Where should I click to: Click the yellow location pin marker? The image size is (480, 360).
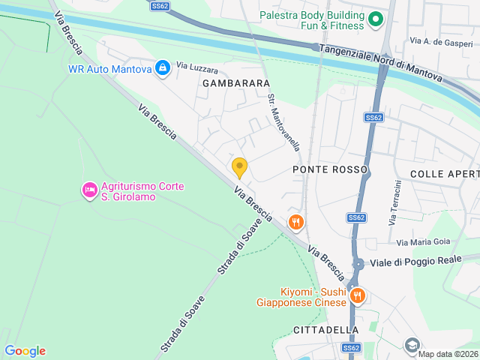(x=240, y=167)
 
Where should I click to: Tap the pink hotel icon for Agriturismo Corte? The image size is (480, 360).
(x=89, y=190)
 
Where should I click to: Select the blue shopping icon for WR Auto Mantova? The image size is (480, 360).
(x=161, y=68)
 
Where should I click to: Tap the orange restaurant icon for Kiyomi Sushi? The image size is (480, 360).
(x=358, y=295)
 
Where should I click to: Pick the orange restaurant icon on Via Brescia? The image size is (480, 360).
(x=296, y=221)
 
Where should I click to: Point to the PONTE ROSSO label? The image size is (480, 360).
(x=329, y=169)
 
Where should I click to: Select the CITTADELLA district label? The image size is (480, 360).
(x=326, y=330)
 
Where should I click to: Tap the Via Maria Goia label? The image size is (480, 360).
(x=423, y=241)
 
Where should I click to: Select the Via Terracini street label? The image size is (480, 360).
(x=393, y=202)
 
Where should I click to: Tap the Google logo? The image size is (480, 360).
(x=25, y=351)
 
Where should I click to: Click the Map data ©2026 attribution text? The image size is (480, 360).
(x=448, y=354)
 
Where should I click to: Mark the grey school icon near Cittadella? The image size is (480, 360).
(x=412, y=344)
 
